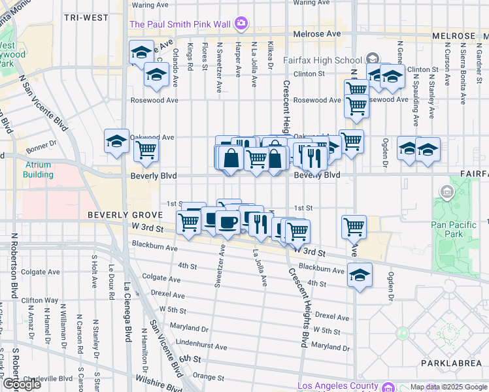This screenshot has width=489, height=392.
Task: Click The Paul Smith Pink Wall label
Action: coord(180,24)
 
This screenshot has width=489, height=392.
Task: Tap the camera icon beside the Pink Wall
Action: coord(241,24)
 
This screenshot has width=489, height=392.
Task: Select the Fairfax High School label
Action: coord(322,60)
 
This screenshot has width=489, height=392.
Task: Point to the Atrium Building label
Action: coord(39,170)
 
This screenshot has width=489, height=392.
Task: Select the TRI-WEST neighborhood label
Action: coord(86,18)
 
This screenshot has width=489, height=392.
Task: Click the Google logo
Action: coord(22,385)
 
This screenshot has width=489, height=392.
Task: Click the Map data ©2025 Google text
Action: coord(448,387)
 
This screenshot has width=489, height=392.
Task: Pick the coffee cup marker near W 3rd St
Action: coord(228,222)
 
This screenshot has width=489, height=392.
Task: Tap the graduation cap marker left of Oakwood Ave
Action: coord(116,141)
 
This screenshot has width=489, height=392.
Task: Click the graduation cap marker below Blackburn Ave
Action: coord(359,274)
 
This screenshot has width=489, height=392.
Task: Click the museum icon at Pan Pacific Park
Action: coord(447,192)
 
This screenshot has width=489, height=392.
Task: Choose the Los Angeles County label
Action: coord(337,385)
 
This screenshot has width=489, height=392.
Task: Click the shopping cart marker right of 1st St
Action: coord(354,227)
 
